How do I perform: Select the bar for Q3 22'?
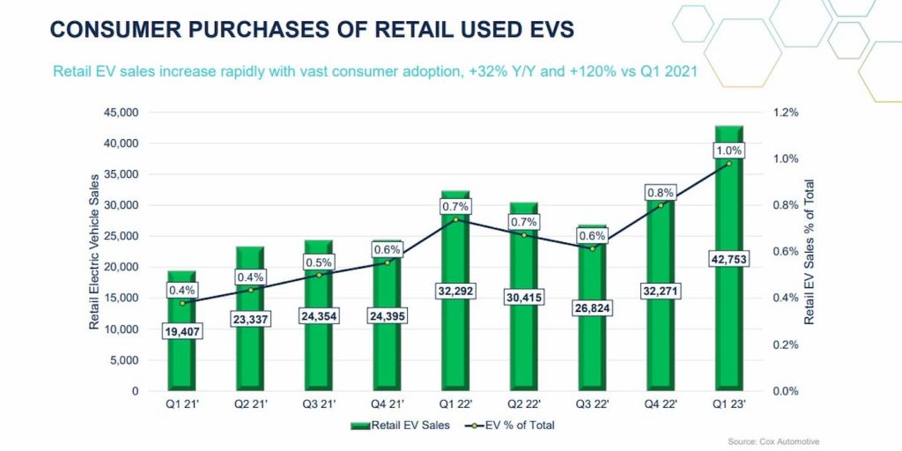coord(592,352)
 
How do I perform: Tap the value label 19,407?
coord(181,332)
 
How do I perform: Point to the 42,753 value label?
coord(728,259)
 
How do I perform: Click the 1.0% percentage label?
coord(728,151)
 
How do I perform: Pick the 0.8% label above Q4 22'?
coord(660,192)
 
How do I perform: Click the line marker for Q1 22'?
coord(455,219)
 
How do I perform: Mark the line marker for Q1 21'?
coord(181,303)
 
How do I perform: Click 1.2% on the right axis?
coord(784,113)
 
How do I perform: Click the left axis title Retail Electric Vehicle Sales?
coord(94,253)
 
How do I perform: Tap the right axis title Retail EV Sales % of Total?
coord(809,253)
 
